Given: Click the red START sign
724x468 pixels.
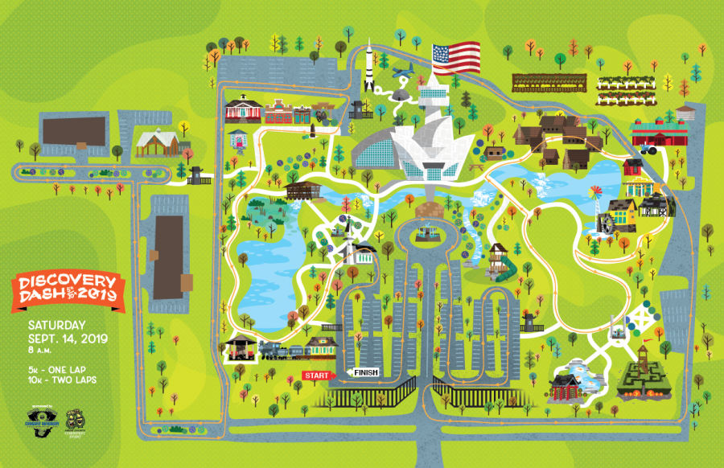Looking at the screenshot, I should click(x=317, y=376).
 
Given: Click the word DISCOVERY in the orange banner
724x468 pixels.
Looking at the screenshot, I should click(x=68, y=284).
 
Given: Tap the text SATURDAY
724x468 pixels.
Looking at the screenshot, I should click(x=56, y=325).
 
